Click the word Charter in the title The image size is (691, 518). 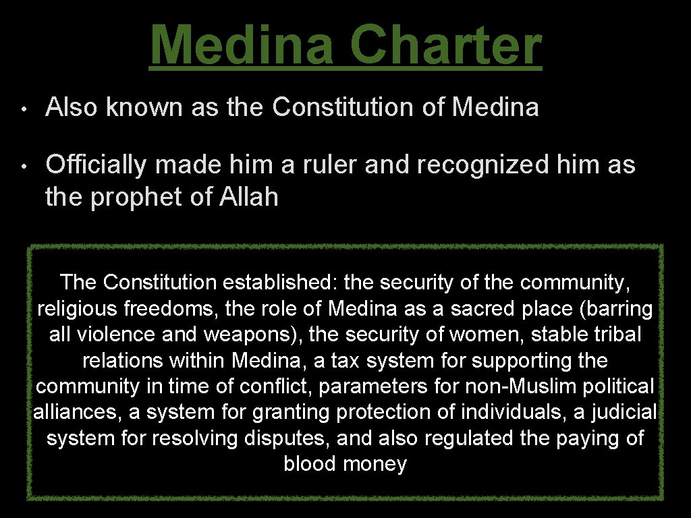point(446,45)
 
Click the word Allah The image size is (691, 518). point(249,197)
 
